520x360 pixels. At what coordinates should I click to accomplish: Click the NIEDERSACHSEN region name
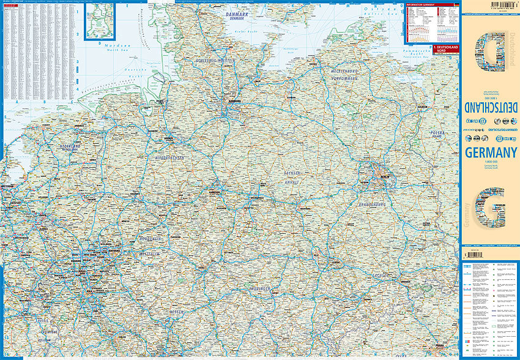pyautogui.click(x=168, y=158)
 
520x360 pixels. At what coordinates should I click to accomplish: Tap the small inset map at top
pyautogui.click(x=100, y=21)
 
